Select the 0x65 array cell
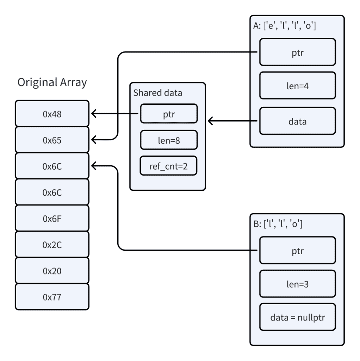[x=52, y=140]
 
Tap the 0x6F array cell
[x=52, y=219]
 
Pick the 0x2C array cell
[x=52, y=245]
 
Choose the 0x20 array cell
[x=52, y=271]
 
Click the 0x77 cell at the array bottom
[x=52, y=297]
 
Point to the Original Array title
[x=52, y=83]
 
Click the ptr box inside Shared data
[x=168, y=114]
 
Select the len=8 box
[x=168, y=140]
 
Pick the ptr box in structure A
[x=297, y=52]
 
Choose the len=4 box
[x=297, y=86]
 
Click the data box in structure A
[x=297, y=121]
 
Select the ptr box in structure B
[x=297, y=251]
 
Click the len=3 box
[x=297, y=284]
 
